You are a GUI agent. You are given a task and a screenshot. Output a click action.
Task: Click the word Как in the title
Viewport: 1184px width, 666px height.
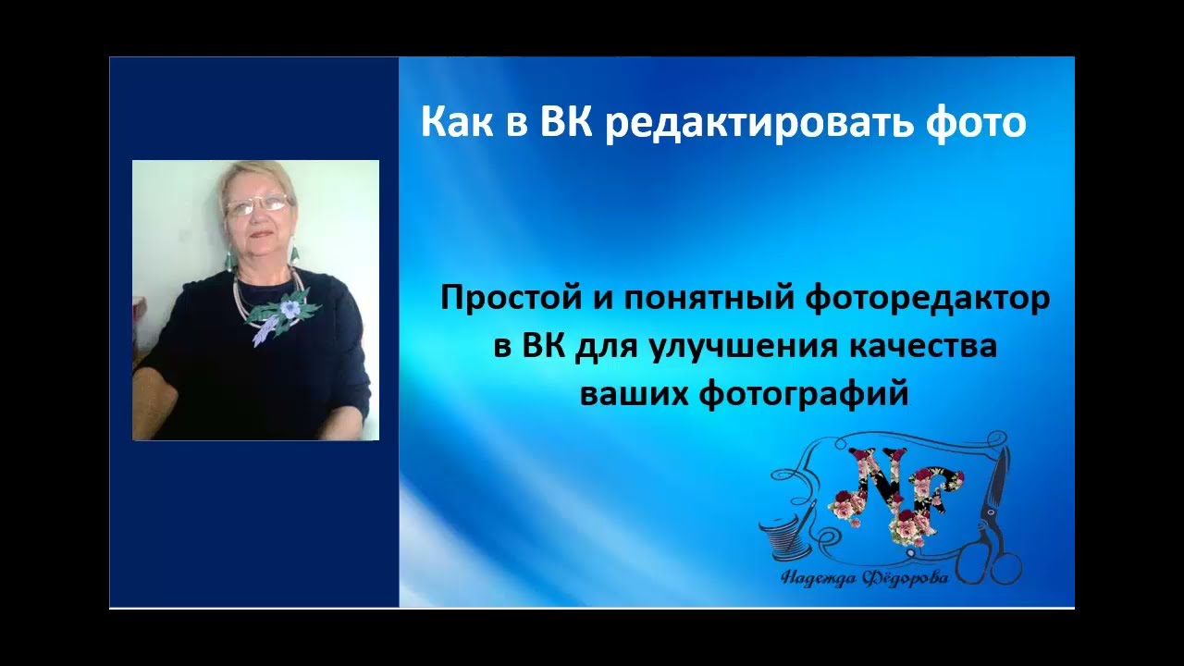(458, 124)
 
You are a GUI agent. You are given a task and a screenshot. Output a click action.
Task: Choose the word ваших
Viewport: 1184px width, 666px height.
(635, 393)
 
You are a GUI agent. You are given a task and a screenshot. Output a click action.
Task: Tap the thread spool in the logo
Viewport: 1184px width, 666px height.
(781, 536)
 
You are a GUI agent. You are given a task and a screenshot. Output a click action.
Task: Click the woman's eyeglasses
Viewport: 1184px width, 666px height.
(257, 205)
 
